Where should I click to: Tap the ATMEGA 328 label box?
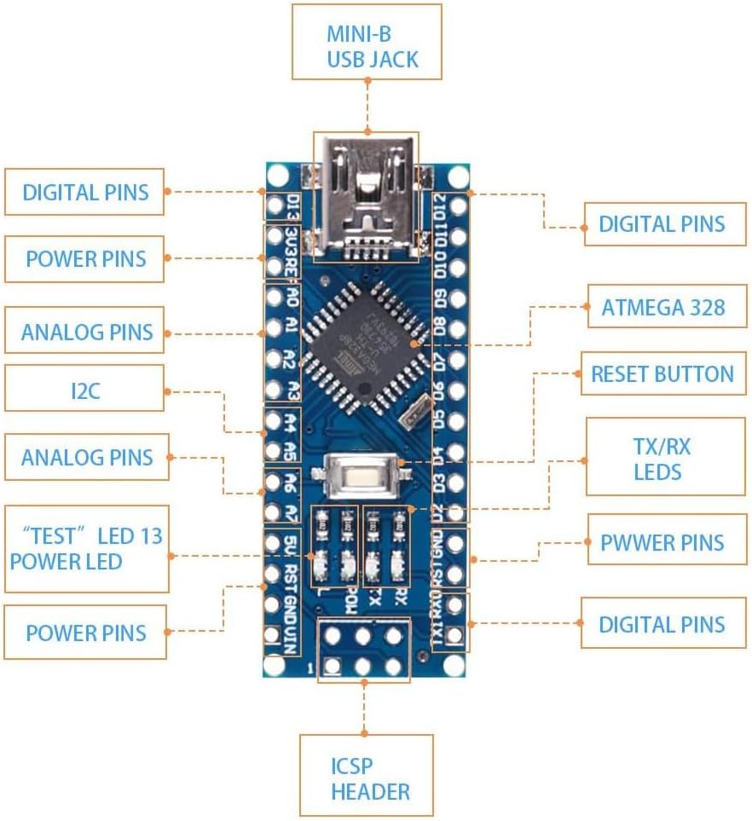(662, 307)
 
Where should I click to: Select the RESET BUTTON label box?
(662, 373)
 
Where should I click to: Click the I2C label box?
(84, 391)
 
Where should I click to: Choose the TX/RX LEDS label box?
(665, 457)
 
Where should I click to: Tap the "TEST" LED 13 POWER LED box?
(86, 548)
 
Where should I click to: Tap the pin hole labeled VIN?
(274, 634)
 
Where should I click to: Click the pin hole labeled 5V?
(274, 542)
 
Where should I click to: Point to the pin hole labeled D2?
(458, 513)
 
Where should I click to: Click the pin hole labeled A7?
(274, 512)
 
